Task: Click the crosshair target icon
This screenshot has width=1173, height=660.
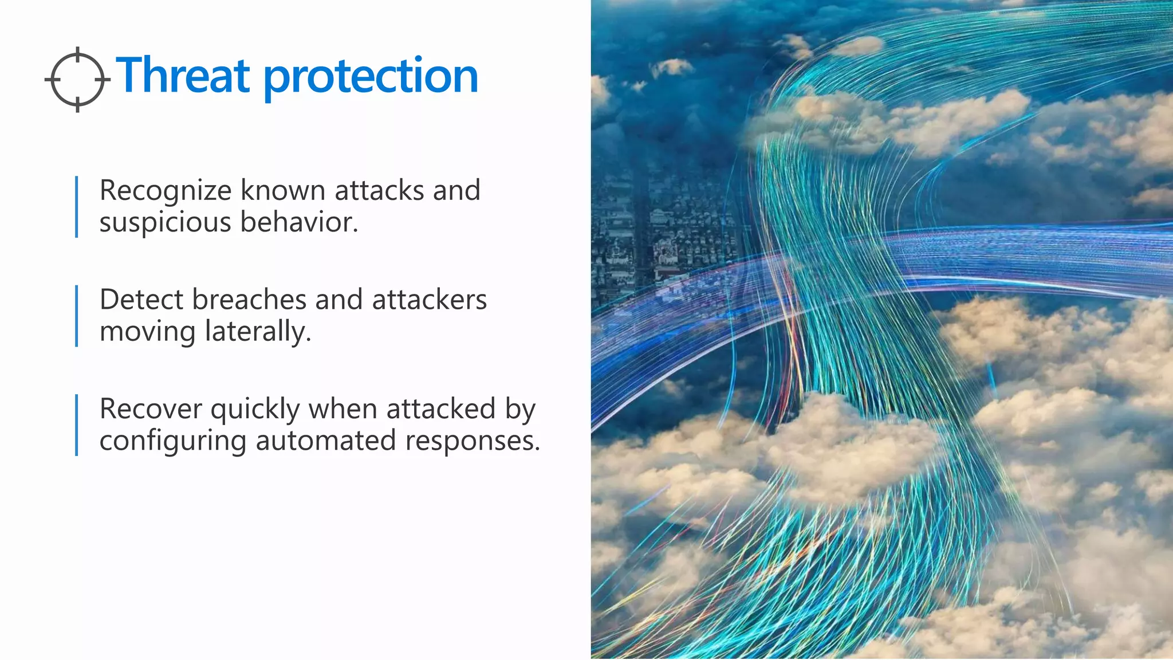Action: tap(77, 79)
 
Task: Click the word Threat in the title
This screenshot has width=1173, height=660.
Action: tap(183, 76)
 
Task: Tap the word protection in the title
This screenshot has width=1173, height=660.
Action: tap(371, 77)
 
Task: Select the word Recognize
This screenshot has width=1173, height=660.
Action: tap(166, 191)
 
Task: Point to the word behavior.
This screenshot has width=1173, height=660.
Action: tap(298, 222)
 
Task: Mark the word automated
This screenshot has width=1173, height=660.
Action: tap(325, 441)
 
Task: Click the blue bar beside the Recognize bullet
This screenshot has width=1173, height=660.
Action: tap(77, 206)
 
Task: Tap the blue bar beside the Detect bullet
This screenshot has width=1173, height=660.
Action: tap(77, 316)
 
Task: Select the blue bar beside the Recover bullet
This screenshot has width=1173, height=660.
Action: tap(77, 425)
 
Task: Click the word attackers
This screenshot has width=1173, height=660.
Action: tap(429, 300)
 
